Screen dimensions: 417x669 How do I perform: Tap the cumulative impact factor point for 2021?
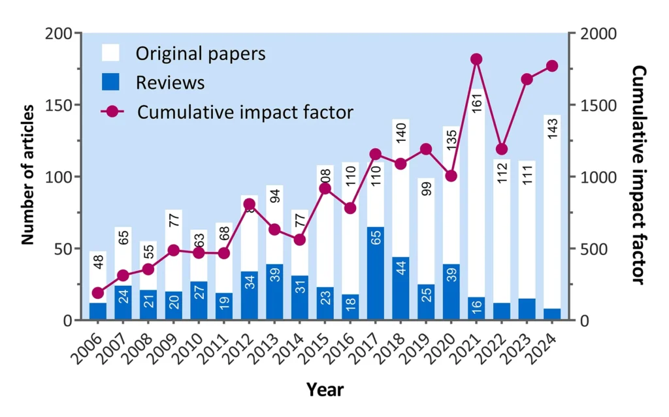pos(476,59)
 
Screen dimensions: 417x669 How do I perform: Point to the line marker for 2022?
pos(501,149)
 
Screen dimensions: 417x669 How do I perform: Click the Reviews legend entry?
pos(170,83)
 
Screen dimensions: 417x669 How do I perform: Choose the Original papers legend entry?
pos(200,53)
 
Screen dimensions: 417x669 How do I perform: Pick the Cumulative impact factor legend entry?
pos(245,112)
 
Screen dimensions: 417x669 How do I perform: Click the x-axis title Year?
pos(325,390)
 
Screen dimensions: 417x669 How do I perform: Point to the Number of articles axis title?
pos(27,177)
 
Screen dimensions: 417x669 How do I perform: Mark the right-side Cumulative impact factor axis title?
pos(640,175)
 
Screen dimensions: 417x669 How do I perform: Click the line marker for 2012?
pos(248,204)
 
